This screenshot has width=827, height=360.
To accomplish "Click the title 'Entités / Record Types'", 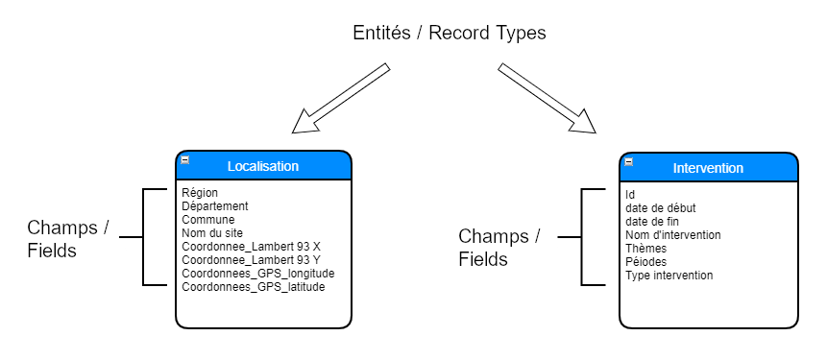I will pyautogui.click(x=449, y=34).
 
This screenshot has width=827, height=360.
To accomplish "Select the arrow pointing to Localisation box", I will pyautogui.click(x=341, y=98).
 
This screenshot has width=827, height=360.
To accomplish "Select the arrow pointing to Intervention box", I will pyautogui.click(x=547, y=98).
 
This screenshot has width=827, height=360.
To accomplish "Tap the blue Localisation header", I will pyautogui.click(x=263, y=166).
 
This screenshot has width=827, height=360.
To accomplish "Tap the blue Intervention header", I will pyautogui.click(x=708, y=168).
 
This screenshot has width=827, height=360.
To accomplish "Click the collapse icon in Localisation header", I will pyautogui.click(x=185, y=160).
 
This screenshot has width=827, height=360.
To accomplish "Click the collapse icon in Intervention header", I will pyautogui.click(x=629, y=162).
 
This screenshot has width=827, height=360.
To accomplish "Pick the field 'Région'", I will pyautogui.click(x=200, y=193).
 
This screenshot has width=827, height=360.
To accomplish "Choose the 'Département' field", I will pyautogui.click(x=215, y=206).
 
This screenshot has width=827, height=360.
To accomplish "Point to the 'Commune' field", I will pyautogui.click(x=208, y=220).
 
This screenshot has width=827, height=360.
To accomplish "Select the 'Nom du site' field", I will pyautogui.click(x=212, y=233).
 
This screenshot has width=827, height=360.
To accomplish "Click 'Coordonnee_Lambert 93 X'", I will pyautogui.click(x=251, y=247).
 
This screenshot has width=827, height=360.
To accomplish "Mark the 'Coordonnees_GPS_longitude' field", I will pyautogui.click(x=257, y=274).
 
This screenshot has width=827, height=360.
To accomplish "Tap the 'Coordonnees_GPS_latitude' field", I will pyautogui.click(x=254, y=287).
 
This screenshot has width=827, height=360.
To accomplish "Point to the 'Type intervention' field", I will pyautogui.click(x=669, y=276).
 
